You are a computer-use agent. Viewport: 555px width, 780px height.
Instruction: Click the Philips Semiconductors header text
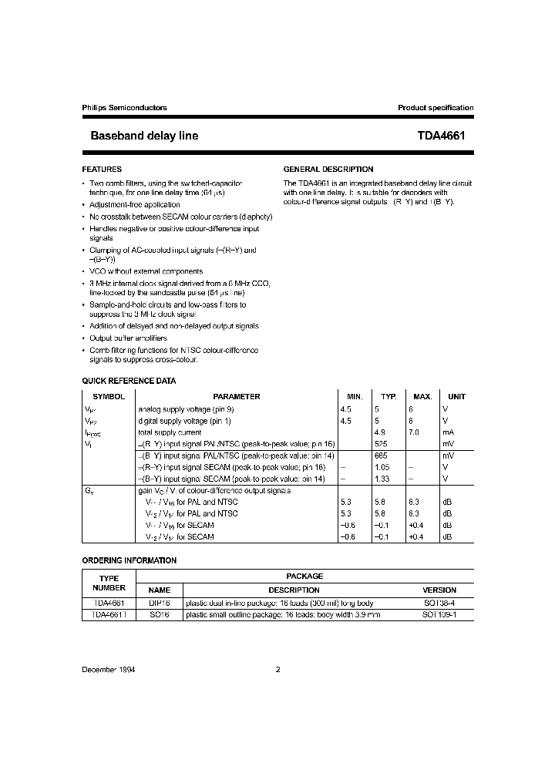click(x=124, y=108)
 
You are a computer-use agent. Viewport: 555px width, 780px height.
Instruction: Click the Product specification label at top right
click(x=436, y=108)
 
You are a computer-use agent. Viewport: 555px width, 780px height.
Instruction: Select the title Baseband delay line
click(x=144, y=136)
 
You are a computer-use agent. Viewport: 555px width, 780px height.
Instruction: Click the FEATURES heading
click(x=102, y=169)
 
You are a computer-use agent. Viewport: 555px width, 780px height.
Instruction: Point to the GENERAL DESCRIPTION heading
click(x=328, y=169)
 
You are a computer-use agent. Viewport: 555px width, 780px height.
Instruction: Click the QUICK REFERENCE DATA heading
click(x=129, y=381)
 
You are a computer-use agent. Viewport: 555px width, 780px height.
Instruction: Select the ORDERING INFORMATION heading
click(x=129, y=560)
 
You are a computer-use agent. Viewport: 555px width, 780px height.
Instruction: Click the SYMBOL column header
click(x=109, y=396)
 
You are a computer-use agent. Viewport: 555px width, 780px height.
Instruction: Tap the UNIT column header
click(x=456, y=396)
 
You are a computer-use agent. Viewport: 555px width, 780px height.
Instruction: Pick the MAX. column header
click(x=422, y=396)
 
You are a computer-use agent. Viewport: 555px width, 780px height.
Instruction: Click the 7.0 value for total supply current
click(x=413, y=432)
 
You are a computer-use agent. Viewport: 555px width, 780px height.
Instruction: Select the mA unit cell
click(x=449, y=432)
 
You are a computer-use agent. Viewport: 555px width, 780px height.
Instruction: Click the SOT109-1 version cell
click(x=439, y=614)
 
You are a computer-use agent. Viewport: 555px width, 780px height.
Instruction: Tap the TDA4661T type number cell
click(x=109, y=614)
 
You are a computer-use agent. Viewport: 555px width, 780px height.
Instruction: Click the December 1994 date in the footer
click(x=109, y=670)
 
